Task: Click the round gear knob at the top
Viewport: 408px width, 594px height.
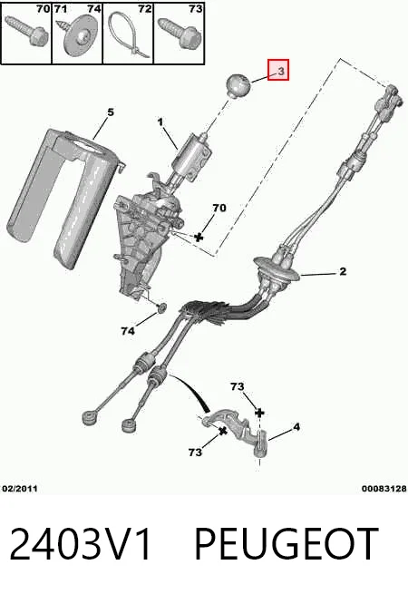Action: pos(238,86)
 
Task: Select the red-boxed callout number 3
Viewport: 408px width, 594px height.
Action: pos(278,70)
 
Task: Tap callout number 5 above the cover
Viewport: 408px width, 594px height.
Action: pos(111,112)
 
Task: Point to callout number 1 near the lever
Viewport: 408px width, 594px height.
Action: pos(160,122)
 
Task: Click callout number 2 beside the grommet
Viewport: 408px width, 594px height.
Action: pos(343,271)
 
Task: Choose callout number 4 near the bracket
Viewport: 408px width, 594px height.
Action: pos(296,427)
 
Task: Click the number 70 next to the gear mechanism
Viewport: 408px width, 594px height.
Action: pos(219,208)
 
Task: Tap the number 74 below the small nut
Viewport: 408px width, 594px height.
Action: pos(128,331)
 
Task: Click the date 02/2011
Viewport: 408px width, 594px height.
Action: pos(20,488)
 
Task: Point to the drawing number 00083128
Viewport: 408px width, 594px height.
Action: pos(384,488)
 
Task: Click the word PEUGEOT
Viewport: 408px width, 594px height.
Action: pos(287,544)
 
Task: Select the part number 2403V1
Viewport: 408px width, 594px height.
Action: pos(80,544)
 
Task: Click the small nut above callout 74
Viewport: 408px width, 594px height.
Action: pos(161,307)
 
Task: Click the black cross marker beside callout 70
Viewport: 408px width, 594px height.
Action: pos(199,237)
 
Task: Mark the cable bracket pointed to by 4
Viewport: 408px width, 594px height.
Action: pos(238,430)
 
